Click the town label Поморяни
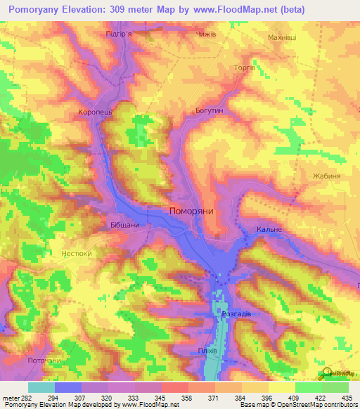(192, 210)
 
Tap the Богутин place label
(207, 110)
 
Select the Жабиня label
(327, 176)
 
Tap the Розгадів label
(236, 314)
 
